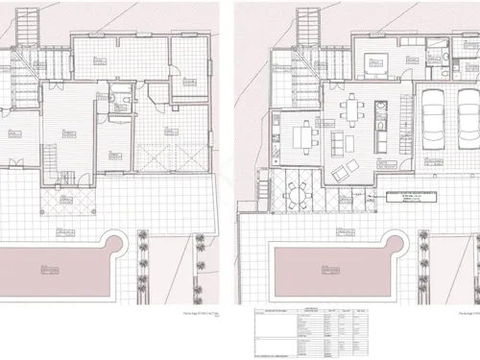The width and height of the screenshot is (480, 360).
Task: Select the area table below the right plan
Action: click(x=313, y=331)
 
